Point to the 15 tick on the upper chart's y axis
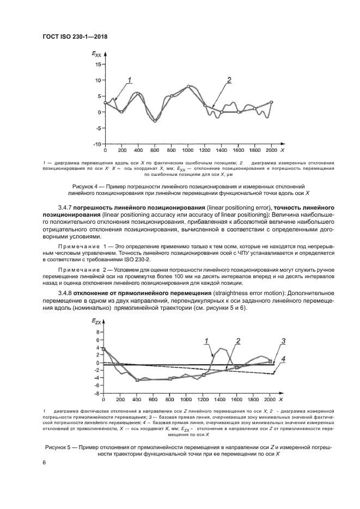[97, 64]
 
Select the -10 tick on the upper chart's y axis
[96, 144]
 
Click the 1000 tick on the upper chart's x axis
[188, 150]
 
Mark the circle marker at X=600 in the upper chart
[155, 121]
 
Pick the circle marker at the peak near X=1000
[188, 87]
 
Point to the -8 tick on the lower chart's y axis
[98, 393]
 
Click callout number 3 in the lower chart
[283, 341]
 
